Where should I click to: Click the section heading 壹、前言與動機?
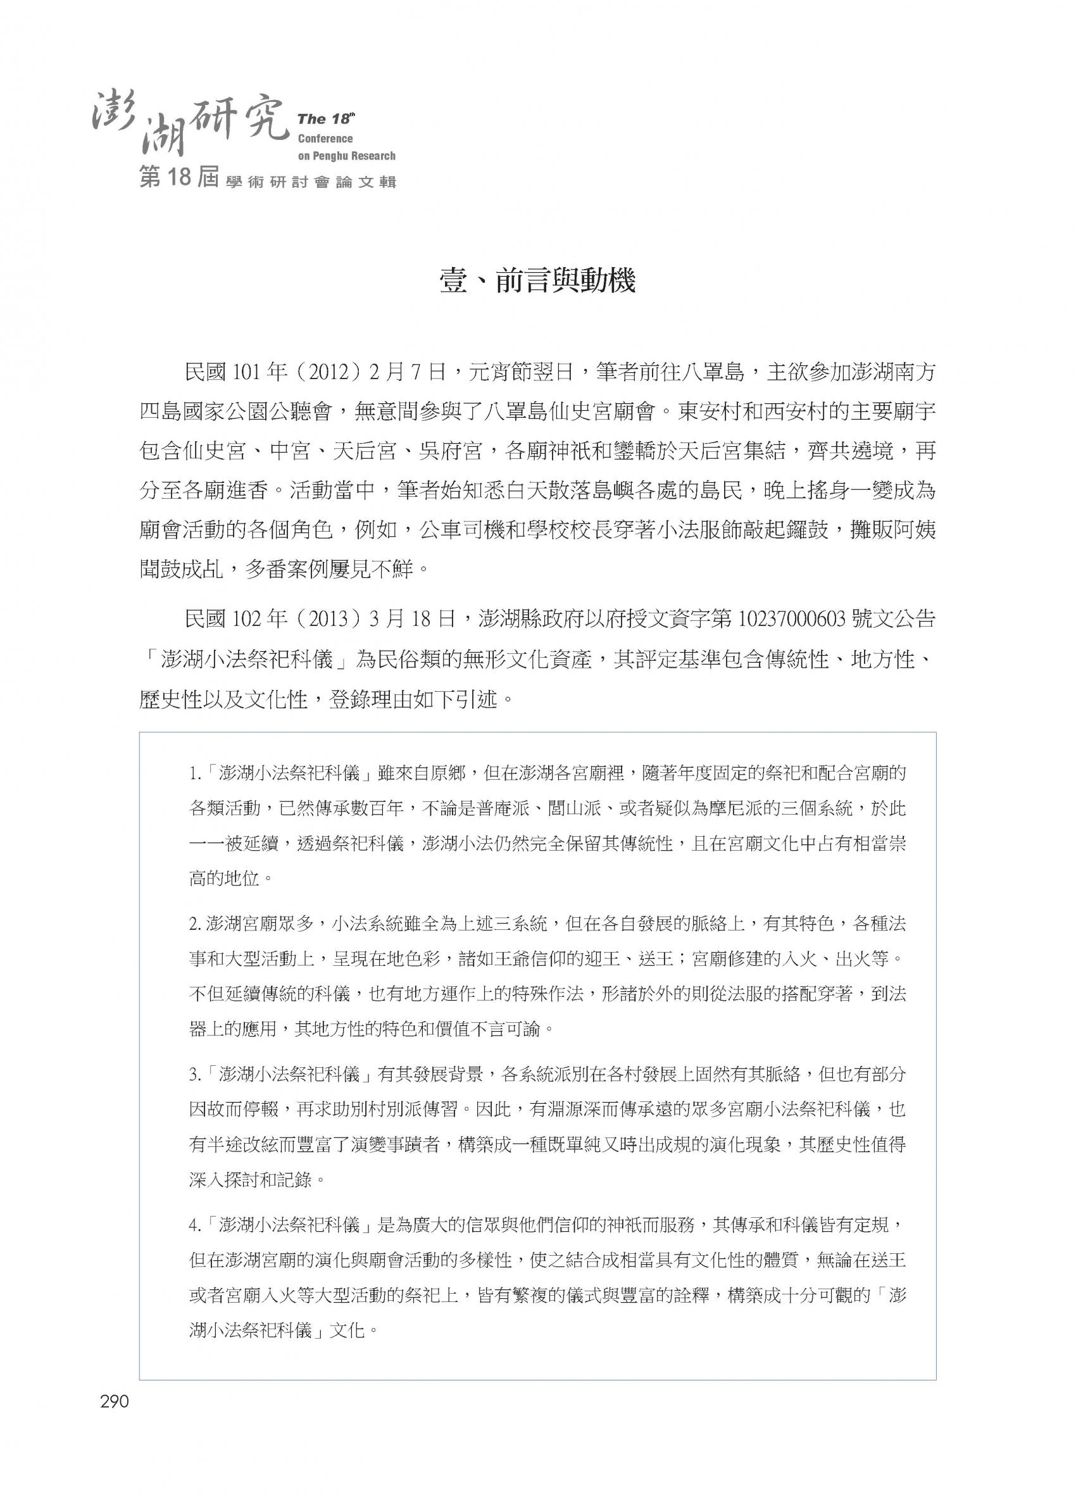pos(537,281)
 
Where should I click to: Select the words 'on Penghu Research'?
pos(346,156)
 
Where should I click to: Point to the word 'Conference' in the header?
pos(325,139)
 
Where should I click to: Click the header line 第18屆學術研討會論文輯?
pos(268,179)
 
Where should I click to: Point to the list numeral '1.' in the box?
pos(194,773)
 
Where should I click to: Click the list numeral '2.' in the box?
pos(194,924)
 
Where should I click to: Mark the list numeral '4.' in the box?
pos(194,1226)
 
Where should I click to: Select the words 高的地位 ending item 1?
pos(222,879)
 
